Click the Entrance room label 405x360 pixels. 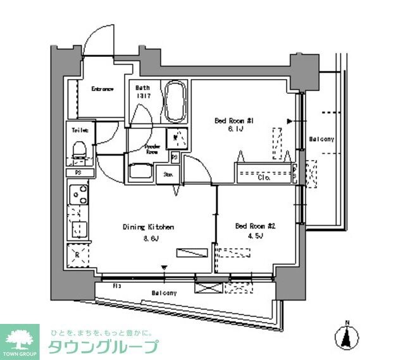pyautogui.click(x=101, y=89)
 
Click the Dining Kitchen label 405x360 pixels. pyautogui.click(x=148, y=227)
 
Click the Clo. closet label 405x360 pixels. pyautogui.click(x=265, y=177)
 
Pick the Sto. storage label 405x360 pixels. pyautogui.click(x=169, y=175)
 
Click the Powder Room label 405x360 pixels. pyautogui.click(x=153, y=149)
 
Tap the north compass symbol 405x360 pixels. pyautogui.click(x=346, y=335)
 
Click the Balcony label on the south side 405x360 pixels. pyautogui.click(x=164, y=294)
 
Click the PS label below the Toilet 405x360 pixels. pyautogui.click(x=78, y=171)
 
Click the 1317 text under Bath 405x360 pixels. pyautogui.click(x=141, y=96)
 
